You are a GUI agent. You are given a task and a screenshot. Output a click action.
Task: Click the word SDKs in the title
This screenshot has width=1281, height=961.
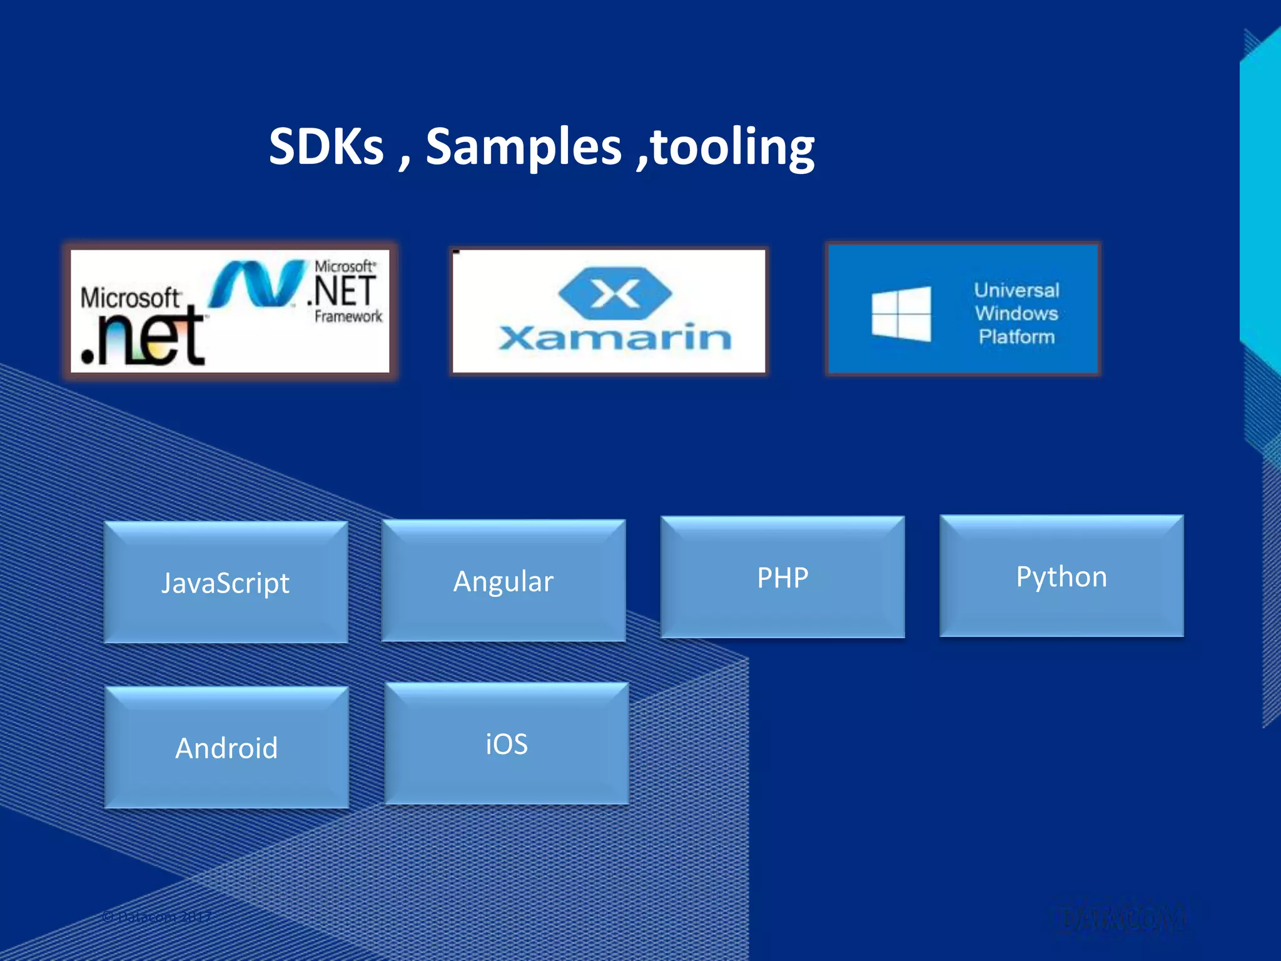(x=326, y=146)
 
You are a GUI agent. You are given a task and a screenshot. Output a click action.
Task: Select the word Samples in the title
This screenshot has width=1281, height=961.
(x=524, y=148)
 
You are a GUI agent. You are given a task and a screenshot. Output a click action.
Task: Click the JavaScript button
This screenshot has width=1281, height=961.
(x=226, y=582)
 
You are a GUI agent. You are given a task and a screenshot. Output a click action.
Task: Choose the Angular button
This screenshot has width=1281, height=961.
(x=504, y=581)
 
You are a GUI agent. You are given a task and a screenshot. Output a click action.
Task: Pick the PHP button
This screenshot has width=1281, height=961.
(x=782, y=577)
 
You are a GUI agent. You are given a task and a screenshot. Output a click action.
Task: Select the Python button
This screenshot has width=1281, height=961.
(x=1061, y=576)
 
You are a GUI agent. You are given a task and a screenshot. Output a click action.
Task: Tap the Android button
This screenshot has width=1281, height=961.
(x=226, y=747)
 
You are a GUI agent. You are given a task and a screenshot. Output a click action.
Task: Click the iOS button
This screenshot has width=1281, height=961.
(x=507, y=743)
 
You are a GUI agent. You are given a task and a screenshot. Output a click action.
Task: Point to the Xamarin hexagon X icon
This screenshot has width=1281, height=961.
(x=615, y=293)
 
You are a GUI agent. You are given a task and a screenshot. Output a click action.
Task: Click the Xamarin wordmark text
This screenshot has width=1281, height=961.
(x=615, y=338)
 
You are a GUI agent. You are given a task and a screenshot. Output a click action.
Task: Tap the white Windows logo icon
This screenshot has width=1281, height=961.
(x=901, y=313)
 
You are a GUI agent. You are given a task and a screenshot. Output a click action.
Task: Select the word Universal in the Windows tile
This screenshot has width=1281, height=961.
(x=1016, y=290)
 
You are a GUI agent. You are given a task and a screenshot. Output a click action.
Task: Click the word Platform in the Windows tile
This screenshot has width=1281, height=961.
(x=1016, y=337)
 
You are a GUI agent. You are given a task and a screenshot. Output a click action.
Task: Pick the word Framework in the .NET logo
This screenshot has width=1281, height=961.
(x=348, y=317)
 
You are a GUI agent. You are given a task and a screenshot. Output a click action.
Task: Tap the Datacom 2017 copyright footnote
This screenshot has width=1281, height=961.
(x=156, y=917)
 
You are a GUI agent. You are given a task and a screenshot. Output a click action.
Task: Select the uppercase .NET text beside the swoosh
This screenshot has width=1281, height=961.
(x=343, y=292)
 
